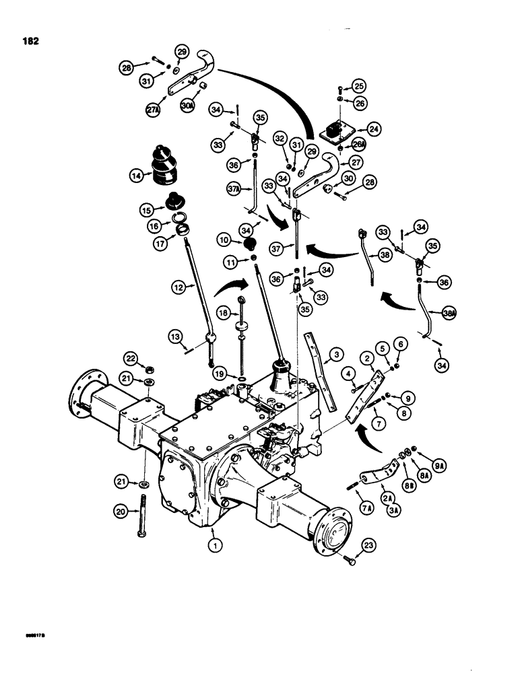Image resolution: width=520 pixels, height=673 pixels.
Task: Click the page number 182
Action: coord(30,40)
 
